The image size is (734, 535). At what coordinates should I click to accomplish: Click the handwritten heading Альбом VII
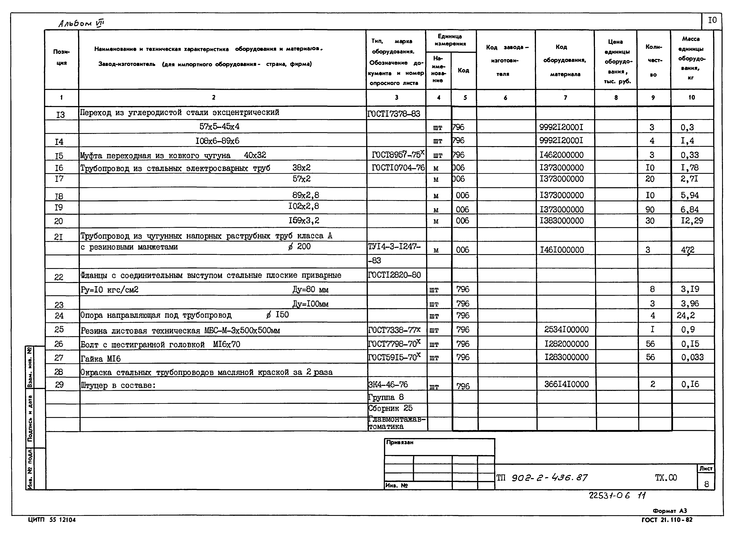point(81,23)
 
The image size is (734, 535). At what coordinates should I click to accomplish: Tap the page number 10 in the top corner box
point(712,20)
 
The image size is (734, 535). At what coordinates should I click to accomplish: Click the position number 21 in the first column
point(59,237)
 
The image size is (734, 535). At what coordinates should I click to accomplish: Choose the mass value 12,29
point(692,221)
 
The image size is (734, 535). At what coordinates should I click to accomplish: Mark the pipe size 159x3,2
point(304,221)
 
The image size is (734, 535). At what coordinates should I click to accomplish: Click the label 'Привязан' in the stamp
point(400,442)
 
